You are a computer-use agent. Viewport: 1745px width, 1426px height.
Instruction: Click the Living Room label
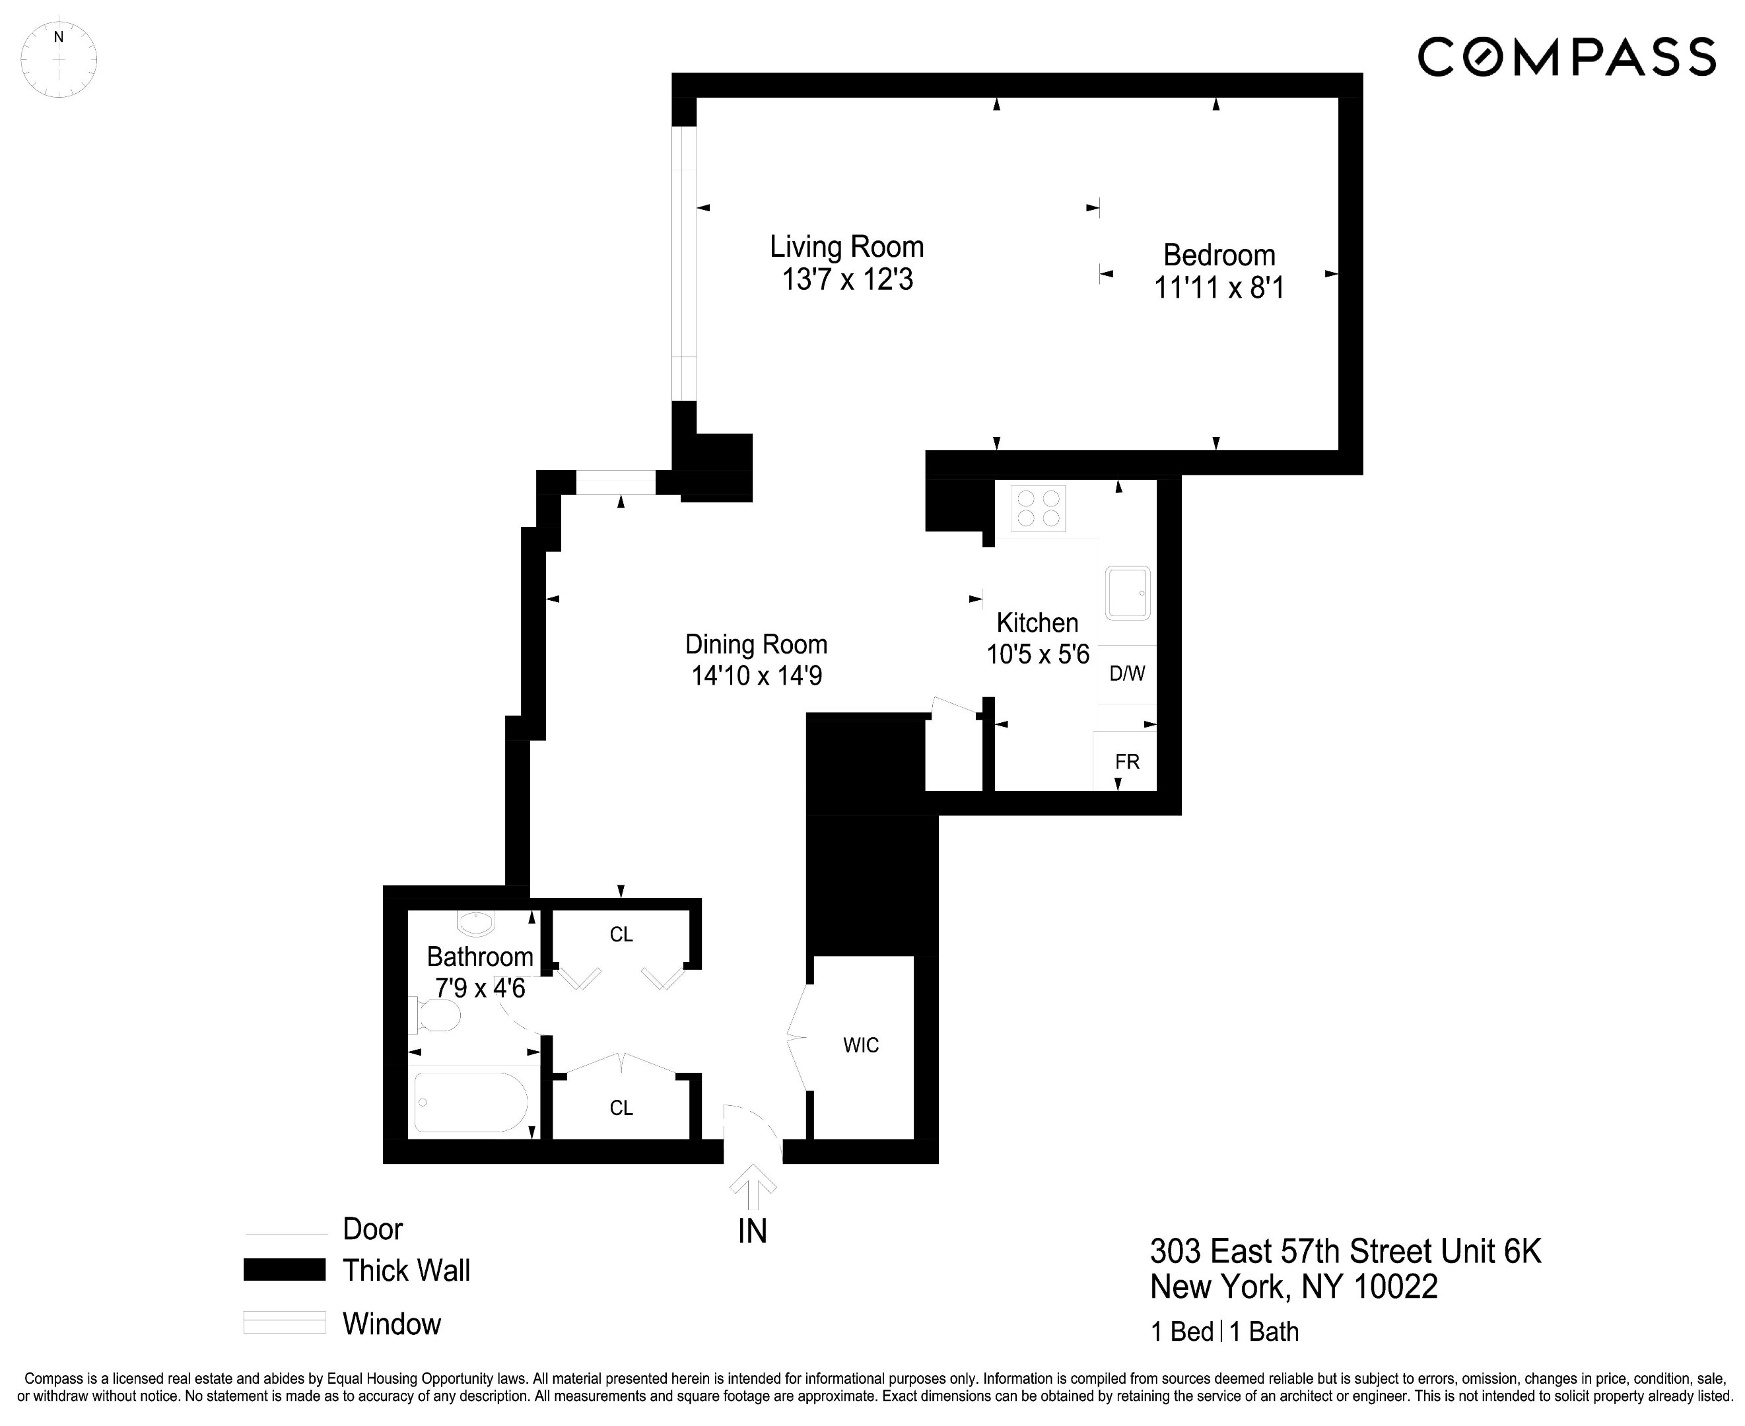point(846,248)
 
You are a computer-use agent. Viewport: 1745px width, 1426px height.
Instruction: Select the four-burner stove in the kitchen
point(1038,508)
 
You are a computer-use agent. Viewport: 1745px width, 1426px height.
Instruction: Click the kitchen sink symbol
point(1127,592)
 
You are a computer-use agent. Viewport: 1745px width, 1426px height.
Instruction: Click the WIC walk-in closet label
point(860,1046)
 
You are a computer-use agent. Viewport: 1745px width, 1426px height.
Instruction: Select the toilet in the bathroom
point(436,1016)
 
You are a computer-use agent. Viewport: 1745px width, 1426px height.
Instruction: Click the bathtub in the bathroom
point(471,1103)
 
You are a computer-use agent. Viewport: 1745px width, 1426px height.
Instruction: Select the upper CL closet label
point(621,935)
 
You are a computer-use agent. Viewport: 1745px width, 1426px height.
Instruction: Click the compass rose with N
point(58,60)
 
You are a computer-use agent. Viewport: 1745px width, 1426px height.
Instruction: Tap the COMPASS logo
point(1567,57)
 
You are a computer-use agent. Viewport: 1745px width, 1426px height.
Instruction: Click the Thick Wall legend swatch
point(285,1270)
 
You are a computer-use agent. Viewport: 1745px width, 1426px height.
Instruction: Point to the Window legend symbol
point(285,1322)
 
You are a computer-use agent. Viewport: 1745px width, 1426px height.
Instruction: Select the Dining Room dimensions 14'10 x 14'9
point(756,676)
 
